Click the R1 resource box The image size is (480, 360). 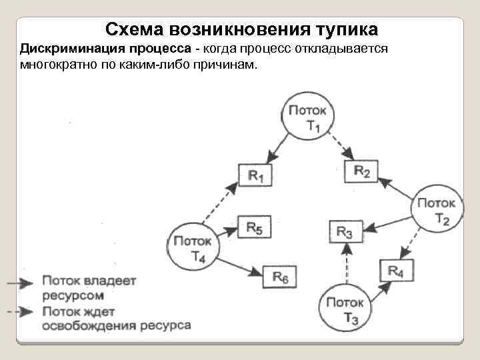point(255,175)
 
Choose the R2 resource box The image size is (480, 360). point(362,171)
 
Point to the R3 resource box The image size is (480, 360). point(345,232)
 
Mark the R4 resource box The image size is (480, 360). point(396,271)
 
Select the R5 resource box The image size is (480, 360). point(254,229)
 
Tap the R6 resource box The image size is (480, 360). point(280,275)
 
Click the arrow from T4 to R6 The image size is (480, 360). point(239,264)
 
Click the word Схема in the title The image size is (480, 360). point(135,29)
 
